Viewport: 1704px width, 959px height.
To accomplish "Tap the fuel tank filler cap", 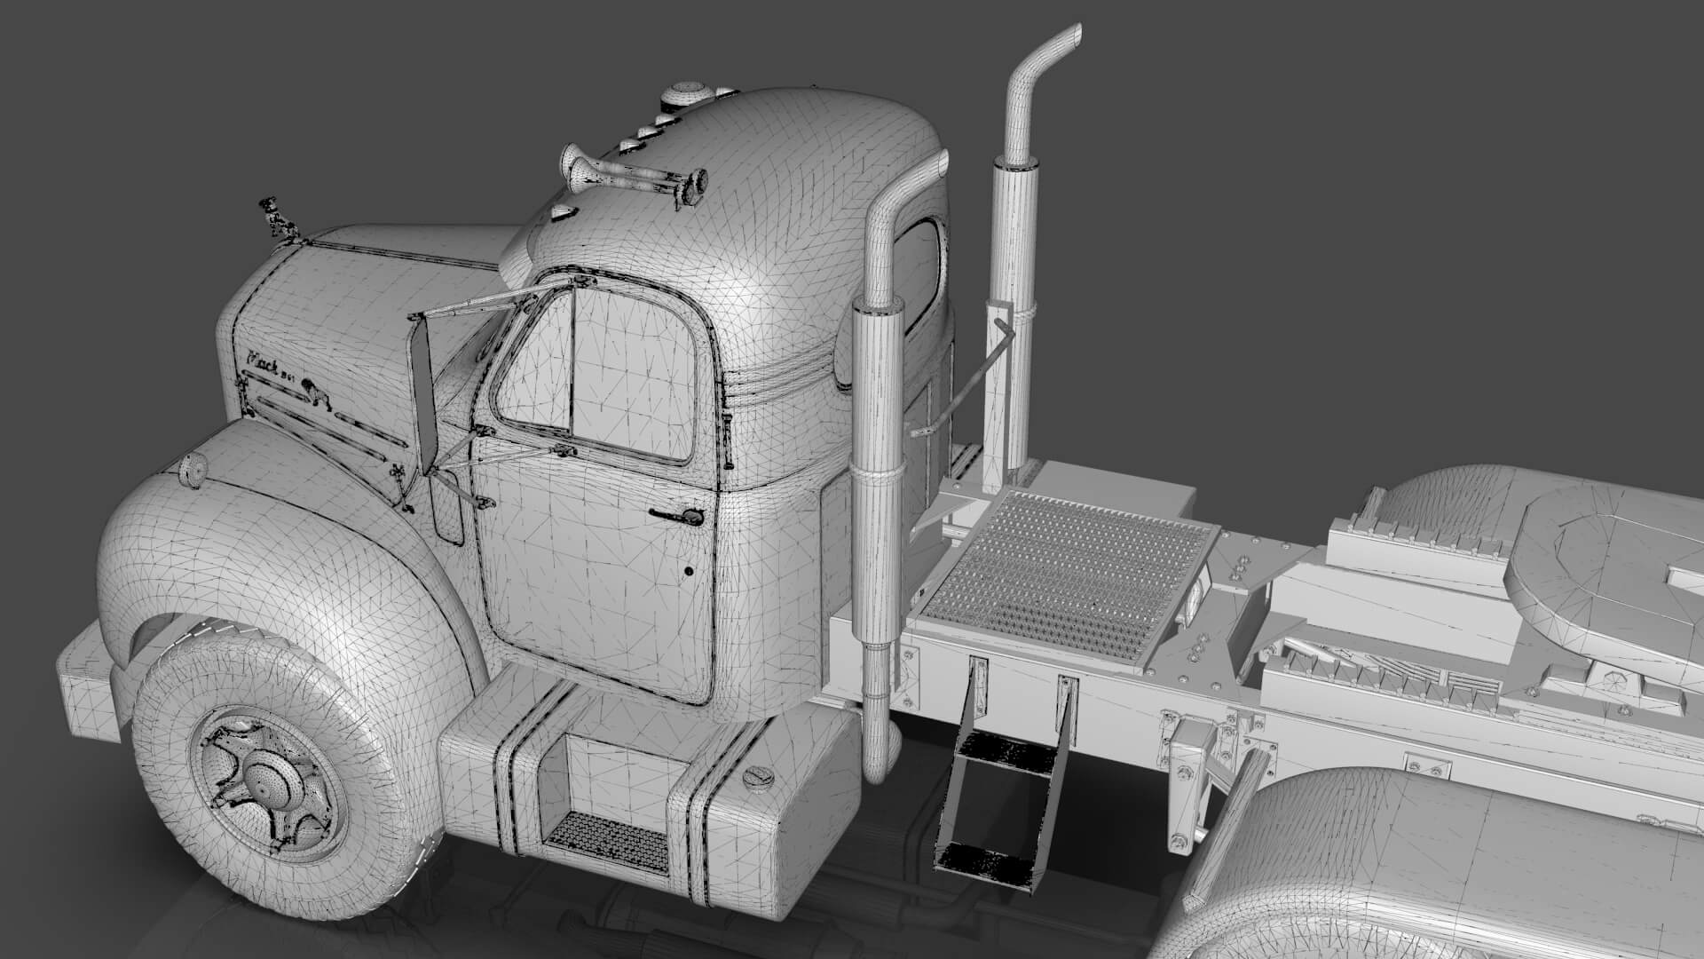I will pyautogui.click(x=757, y=778).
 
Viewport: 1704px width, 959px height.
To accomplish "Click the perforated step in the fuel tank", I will pyautogui.click(x=605, y=841).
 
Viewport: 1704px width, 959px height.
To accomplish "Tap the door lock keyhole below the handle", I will pyautogui.click(x=689, y=572).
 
